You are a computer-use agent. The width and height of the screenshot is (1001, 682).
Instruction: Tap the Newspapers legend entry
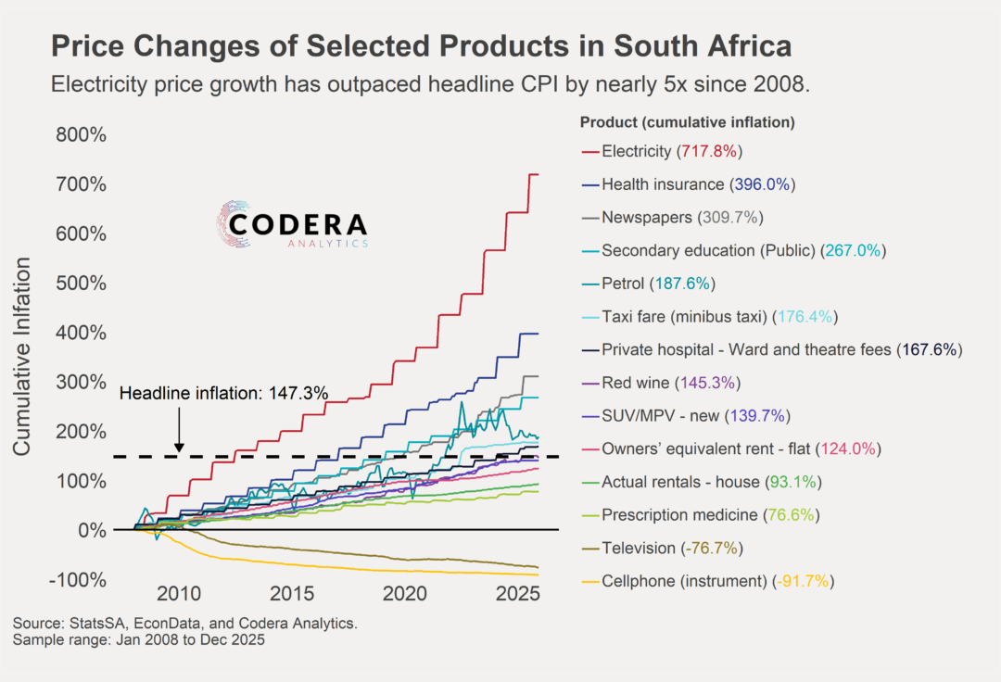tap(647, 217)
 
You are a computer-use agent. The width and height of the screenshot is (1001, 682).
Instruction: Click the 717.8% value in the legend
tap(710, 150)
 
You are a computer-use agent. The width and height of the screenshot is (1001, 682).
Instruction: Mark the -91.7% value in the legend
tap(804, 581)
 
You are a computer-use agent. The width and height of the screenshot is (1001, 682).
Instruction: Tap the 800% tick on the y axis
tap(80, 135)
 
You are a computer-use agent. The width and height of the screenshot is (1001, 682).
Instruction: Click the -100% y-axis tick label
tap(78, 580)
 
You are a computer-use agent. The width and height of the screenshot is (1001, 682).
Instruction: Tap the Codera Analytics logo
tap(293, 226)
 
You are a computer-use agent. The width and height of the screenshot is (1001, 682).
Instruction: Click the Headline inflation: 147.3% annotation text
tap(224, 393)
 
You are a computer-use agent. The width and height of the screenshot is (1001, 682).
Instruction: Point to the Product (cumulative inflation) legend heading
tap(687, 122)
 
